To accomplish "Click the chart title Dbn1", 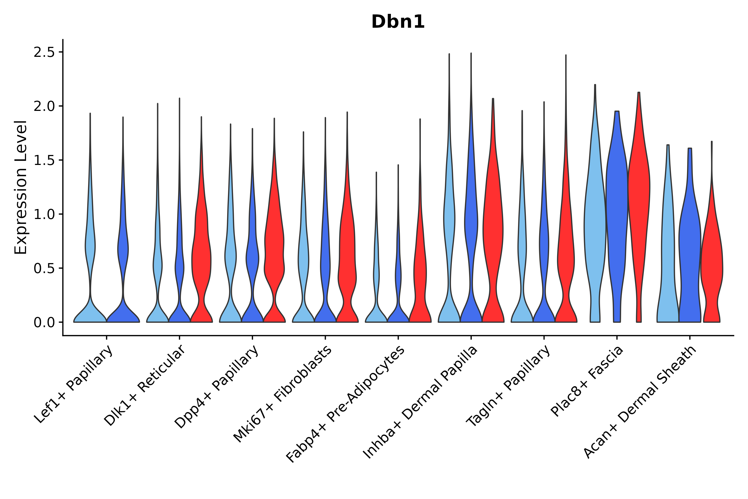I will [398, 22].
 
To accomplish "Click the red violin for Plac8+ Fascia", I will [639, 191].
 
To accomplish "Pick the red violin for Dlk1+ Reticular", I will [201, 254].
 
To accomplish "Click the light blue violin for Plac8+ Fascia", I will [595, 223].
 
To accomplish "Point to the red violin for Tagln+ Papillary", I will [566, 254].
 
